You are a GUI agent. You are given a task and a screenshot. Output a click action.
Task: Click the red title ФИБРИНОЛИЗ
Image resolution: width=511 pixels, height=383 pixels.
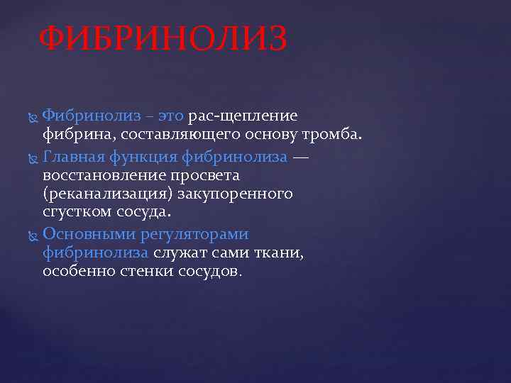point(163,40)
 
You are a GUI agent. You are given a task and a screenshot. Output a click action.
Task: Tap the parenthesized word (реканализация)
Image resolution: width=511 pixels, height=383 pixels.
point(103,194)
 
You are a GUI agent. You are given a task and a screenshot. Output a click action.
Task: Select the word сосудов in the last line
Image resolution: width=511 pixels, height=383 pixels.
point(215,272)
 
